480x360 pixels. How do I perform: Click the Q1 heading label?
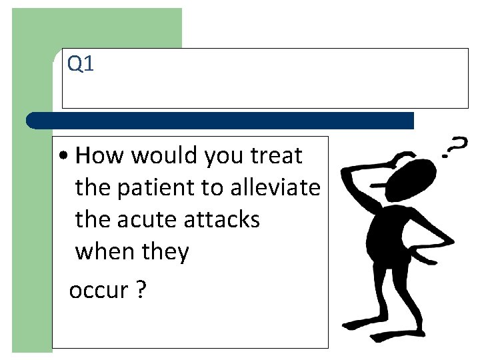[81, 65]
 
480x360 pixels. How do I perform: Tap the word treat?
[275, 156]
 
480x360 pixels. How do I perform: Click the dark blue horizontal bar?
[220, 121]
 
